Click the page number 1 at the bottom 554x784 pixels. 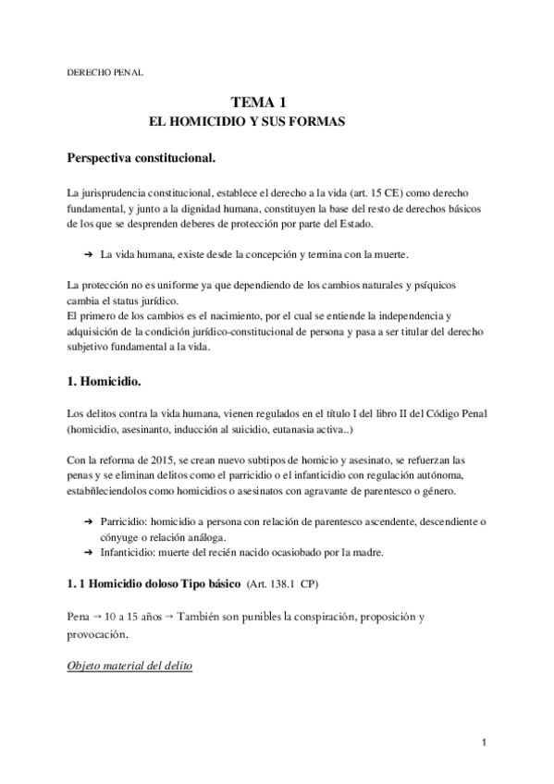tap(484, 742)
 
